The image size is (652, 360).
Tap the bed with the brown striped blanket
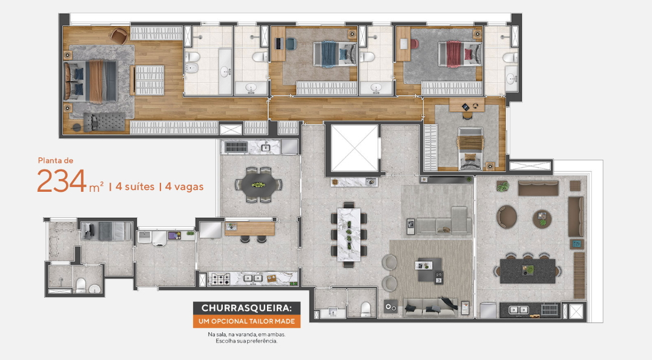coord(470,149)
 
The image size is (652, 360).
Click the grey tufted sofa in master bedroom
coord(106,122)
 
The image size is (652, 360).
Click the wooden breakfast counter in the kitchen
coord(249,227)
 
